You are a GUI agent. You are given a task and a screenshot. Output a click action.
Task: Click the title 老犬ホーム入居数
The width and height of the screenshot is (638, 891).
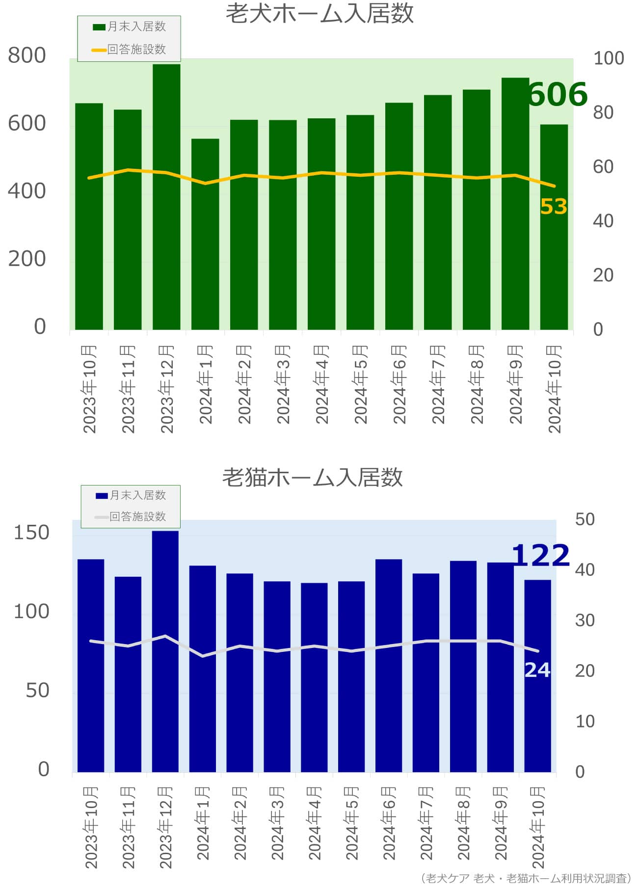pyautogui.click(x=319, y=14)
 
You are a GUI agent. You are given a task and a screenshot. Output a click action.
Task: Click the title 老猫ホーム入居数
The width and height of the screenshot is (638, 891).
pyautogui.click(x=313, y=477)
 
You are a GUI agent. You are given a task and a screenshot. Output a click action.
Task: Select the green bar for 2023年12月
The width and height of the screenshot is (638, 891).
pyautogui.click(x=166, y=196)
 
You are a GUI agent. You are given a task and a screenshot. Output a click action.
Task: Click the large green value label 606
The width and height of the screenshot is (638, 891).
pyautogui.click(x=558, y=94)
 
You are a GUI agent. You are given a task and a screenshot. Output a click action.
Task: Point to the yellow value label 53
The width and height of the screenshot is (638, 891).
pyautogui.click(x=554, y=207)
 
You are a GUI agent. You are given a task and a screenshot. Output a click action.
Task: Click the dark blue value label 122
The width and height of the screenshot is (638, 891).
pyautogui.click(x=540, y=555)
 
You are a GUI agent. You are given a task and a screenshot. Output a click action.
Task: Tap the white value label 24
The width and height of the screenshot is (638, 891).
pyautogui.click(x=537, y=670)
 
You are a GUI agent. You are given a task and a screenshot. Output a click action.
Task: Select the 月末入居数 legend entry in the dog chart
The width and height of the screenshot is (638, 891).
pyautogui.click(x=130, y=27)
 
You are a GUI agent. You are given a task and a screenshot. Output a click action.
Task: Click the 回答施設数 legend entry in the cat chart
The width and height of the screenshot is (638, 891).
pyautogui.click(x=131, y=516)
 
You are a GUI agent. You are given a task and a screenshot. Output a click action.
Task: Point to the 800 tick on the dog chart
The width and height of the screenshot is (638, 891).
pyautogui.click(x=27, y=55)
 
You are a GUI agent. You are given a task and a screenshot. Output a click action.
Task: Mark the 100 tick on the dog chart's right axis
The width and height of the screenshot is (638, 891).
pyautogui.click(x=609, y=58)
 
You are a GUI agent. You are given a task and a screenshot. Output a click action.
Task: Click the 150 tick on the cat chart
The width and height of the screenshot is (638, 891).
pyautogui.click(x=31, y=533)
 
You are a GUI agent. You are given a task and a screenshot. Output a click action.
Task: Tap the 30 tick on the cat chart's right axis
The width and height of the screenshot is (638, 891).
pyautogui.click(x=585, y=621)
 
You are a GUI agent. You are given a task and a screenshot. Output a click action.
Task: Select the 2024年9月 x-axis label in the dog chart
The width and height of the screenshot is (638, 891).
pyautogui.click(x=515, y=384)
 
